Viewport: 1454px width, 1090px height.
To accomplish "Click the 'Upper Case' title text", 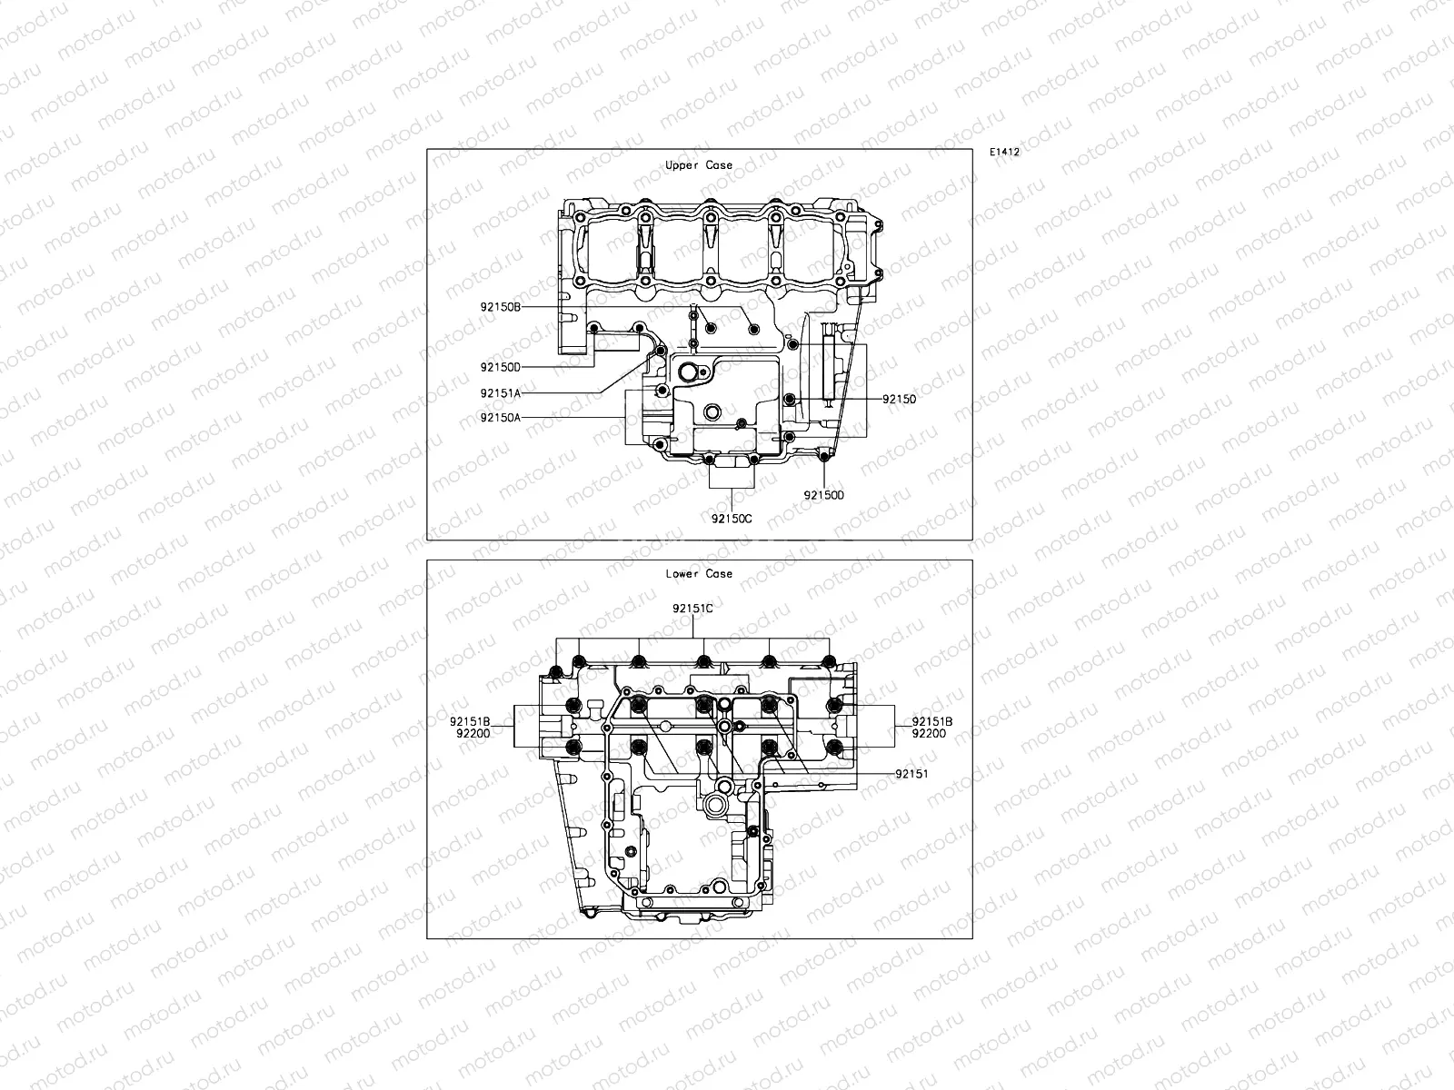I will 698,165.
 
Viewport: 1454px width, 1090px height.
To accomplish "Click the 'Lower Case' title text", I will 698,573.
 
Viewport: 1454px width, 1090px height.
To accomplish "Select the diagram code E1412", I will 1004,153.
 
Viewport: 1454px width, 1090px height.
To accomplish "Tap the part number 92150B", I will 501,307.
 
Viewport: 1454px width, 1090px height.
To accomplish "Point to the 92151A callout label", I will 501,393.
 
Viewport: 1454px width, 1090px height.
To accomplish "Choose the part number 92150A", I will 501,417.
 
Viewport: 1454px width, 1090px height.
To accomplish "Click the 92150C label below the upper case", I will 732,519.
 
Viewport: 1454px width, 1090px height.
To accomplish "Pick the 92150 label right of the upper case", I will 899,399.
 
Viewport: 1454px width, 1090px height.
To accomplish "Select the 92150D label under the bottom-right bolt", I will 823,495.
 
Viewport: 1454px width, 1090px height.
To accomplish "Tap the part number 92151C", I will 692,608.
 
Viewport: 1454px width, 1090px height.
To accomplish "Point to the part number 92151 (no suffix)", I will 911,774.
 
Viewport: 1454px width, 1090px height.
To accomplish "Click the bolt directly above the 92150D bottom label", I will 823,455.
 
